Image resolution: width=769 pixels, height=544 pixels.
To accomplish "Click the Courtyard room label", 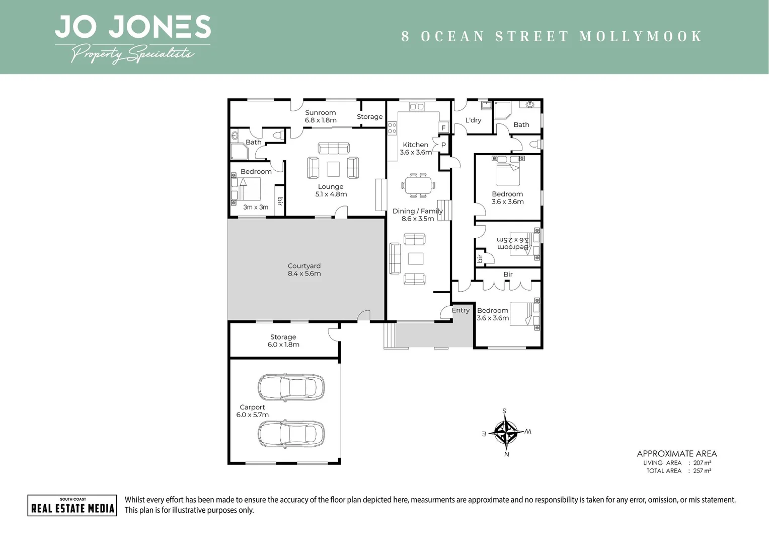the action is (304, 269).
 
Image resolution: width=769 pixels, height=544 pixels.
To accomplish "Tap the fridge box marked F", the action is (443, 127).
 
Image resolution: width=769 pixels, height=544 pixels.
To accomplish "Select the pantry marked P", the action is (443, 145).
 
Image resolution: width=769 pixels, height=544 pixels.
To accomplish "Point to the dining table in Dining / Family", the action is (418, 185).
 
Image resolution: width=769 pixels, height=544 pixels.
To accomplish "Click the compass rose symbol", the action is (506, 432).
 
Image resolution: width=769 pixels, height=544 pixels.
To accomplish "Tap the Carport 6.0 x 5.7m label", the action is (252, 411).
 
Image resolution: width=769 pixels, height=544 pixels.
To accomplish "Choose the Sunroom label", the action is (320, 112).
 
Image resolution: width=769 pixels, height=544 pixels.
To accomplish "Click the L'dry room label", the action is (473, 120).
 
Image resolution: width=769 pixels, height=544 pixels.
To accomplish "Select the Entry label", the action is (460, 310).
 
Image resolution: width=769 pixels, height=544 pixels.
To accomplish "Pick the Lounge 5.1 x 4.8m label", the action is (331, 190).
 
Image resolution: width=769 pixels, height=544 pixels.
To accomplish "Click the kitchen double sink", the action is (417, 106).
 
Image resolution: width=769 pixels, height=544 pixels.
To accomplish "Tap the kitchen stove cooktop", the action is (392, 128).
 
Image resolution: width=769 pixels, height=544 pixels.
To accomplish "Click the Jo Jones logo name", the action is (133, 27).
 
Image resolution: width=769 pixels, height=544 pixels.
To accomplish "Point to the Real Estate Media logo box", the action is (72, 506).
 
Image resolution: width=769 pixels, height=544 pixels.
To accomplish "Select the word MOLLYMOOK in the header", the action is (641, 36).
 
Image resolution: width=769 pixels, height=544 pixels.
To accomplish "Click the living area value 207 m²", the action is (702, 463).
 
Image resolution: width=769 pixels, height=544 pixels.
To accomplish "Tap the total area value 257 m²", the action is (702, 471).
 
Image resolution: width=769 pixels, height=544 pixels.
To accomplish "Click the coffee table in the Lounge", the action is (333, 169).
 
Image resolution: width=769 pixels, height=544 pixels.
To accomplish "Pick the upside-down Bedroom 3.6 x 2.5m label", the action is (512, 243).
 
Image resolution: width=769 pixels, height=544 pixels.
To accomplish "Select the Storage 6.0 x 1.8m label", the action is (283, 341).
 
